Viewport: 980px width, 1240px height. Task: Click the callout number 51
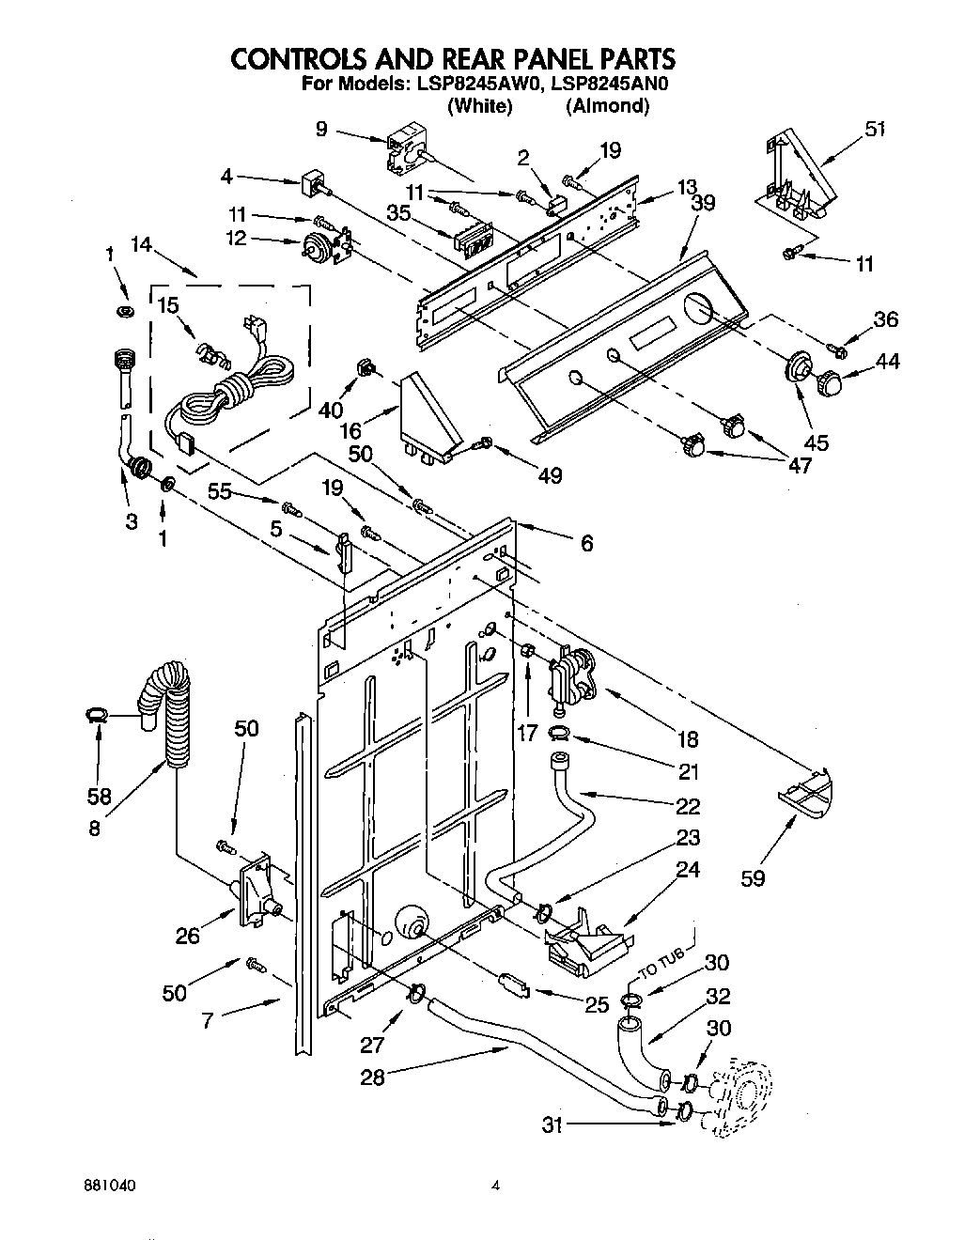874,130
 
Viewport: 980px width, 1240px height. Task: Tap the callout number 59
753,878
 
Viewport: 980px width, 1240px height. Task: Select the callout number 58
99,796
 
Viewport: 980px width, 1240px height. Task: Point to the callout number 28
373,1077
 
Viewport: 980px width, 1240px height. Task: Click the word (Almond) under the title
607,106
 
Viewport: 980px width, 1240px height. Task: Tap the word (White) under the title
480,106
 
